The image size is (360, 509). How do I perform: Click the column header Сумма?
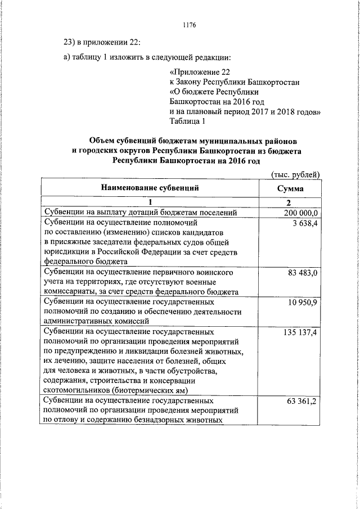pyautogui.click(x=290, y=188)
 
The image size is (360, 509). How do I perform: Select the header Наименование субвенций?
pyautogui.click(x=150, y=188)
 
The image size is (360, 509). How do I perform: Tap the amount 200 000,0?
pyautogui.click(x=300, y=212)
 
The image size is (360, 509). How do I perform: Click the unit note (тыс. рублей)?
pyautogui.click(x=295, y=174)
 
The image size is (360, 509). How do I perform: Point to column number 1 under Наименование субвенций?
pyautogui.click(x=150, y=202)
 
